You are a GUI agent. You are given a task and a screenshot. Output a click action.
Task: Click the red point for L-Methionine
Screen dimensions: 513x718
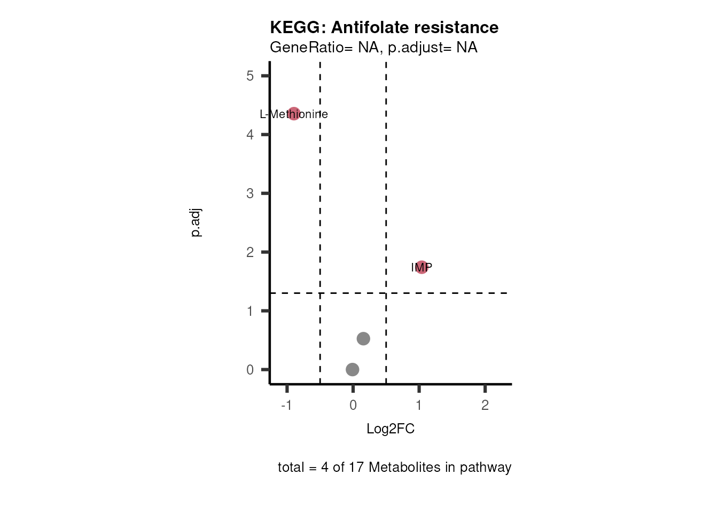pos(294,113)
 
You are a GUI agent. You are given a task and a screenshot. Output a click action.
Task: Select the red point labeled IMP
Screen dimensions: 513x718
pos(422,267)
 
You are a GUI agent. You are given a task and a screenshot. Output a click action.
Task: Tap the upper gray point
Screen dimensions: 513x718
pos(363,338)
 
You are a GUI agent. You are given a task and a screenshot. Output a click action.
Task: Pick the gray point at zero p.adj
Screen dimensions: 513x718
pos(352,369)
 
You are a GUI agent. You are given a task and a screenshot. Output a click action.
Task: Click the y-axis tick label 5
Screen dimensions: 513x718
pos(250,76)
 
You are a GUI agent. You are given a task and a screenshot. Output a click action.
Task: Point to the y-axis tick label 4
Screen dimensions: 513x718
pos(250,135)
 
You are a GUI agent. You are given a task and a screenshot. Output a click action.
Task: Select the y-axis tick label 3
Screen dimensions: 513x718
pos(250,193)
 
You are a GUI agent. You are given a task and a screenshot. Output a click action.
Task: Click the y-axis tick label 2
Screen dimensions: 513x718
pos(250,252)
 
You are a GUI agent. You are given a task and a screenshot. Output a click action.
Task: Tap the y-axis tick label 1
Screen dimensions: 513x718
pos(250,311)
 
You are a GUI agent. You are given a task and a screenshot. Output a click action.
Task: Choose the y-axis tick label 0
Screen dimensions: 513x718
pos(250,370)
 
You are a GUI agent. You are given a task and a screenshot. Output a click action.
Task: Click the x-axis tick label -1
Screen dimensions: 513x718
pos(286,405)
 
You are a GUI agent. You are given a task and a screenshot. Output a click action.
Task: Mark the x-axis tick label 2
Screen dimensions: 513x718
pos(485,405)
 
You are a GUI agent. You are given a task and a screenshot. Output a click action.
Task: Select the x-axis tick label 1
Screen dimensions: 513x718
pos(419,405)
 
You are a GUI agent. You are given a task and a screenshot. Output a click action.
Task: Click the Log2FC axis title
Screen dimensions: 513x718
pos(391,429)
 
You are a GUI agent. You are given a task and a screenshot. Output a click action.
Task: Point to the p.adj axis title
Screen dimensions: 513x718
pos(196,223)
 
